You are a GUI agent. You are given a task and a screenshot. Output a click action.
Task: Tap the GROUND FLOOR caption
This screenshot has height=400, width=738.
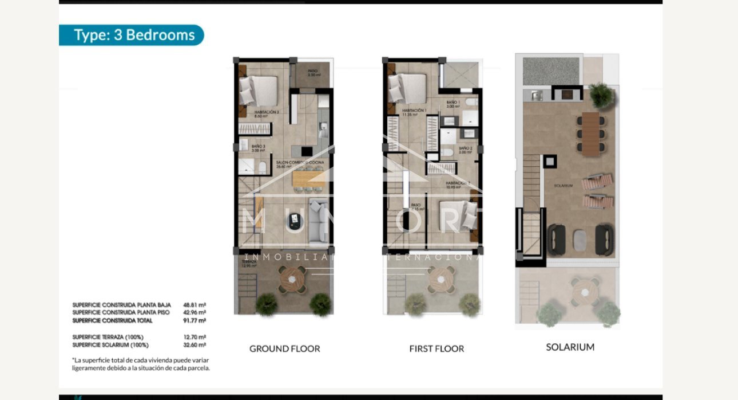point(284,348)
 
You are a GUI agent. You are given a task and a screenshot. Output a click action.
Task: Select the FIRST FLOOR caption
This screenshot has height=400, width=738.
point(437,348)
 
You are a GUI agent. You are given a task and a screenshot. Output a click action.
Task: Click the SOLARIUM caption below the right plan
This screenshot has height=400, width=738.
point(570,347)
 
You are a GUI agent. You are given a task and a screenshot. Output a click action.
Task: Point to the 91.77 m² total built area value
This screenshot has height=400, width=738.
point(195,321)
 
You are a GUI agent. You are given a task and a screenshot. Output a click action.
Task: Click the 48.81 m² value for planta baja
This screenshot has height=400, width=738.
point(195,305)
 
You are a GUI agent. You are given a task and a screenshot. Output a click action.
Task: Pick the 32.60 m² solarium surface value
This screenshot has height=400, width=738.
point(195,345)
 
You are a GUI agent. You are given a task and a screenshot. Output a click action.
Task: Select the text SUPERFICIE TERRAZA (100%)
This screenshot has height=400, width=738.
point(108,337)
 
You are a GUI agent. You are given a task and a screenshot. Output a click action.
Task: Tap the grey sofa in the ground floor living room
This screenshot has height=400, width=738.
point(318,220)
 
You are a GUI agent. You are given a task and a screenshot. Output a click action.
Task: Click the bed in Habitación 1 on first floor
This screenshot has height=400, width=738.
point(407,88)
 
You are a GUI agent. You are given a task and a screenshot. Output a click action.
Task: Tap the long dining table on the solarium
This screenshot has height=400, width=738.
point(590,133)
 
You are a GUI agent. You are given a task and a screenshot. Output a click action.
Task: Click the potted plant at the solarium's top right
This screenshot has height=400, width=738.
point(601,95)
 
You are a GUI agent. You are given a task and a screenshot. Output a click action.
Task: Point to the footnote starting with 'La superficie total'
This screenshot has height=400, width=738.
point(141,364)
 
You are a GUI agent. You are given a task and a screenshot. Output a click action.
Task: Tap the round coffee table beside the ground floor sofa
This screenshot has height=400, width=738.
point(295,218)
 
